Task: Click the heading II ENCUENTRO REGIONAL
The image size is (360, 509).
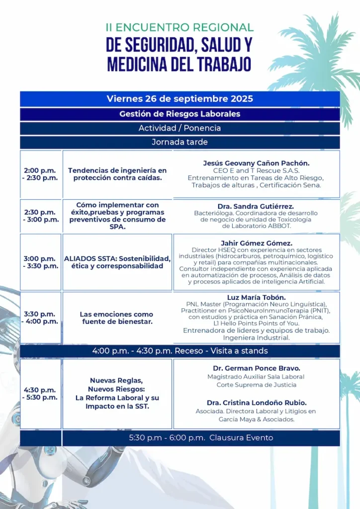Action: pos(180,27)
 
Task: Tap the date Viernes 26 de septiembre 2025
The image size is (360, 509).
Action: pos(180,98)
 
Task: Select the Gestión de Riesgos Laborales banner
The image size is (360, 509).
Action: pos(180,114)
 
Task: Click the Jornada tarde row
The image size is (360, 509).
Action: pos(180,142)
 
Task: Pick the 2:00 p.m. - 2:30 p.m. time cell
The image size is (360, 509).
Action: pos(40,174)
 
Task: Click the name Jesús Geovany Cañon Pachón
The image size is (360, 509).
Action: pos(256,163)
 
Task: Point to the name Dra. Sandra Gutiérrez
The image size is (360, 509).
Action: pos(256,206)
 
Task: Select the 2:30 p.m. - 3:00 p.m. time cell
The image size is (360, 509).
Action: pos(40,216)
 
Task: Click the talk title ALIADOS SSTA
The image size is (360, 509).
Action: pos(117,262)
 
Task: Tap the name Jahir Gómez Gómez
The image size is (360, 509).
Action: pos(256,243)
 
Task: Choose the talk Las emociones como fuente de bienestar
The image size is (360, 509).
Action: pos(116,318)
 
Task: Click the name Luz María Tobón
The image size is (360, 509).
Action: pos(256,297)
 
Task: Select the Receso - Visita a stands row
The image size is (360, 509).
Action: pos(180,351)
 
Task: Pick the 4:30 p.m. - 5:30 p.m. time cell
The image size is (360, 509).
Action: pos(40,394)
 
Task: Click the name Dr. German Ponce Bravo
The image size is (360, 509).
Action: pos(256,368)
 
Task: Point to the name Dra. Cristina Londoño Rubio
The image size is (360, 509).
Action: pos(256,403)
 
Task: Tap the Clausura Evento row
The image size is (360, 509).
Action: pos(201,438)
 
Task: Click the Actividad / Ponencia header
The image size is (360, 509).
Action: pos(180,128)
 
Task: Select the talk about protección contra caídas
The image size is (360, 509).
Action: pos(117,174)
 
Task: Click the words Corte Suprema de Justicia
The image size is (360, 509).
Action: pos(256,385)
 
